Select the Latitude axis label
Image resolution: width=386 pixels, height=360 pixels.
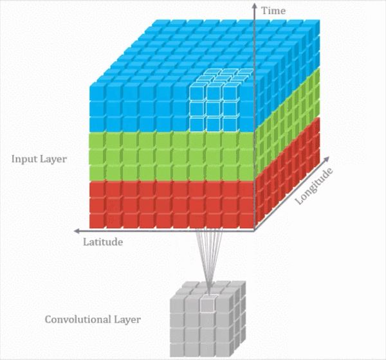(103, 242)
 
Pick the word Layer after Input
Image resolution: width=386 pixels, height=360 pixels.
(53, 158)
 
